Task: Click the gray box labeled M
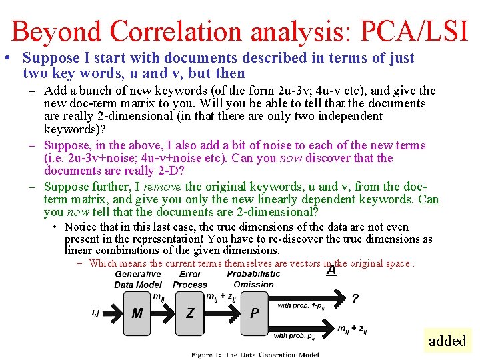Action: [137, 312]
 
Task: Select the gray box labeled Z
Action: [190, 312]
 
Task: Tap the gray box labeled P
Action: [254, 312]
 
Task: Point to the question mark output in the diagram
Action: [355, 299]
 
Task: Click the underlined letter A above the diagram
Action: [331, 271]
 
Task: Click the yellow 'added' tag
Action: [447, 341]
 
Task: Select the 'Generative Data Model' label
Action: [138, 279]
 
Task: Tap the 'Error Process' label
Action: [190, 279]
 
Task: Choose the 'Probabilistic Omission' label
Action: [253, 279]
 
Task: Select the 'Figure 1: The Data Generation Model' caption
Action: [255, 355]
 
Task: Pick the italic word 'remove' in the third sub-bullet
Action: [164, 187]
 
